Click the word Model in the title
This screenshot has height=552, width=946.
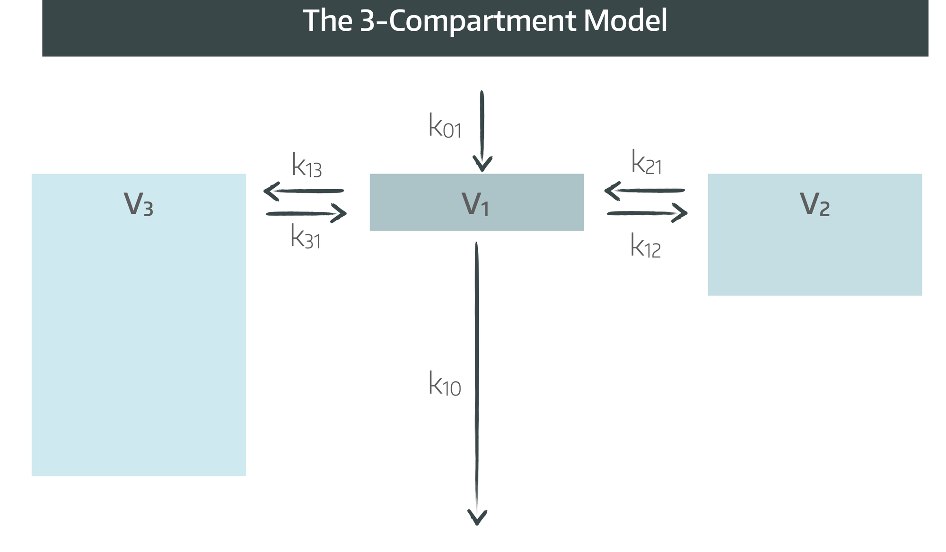point(625,21)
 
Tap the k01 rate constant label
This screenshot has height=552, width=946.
point(445,126)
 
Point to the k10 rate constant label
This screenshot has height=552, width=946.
point(444,384)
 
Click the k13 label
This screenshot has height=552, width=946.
point(307,166)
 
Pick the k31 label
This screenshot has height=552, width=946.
point(306,237)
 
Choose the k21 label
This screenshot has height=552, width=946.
point(646,163)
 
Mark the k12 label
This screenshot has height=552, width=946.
point(645,246)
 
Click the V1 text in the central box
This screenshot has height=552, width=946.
point(475,204)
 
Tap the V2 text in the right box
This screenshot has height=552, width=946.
point(815,204)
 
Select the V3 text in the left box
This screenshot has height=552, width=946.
point(139,204)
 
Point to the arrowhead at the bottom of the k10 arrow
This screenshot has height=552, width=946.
point(477,517)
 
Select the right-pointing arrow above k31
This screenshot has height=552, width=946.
point(307,214)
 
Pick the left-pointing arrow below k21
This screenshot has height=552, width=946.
point(644,191)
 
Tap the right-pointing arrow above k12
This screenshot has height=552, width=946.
point(647,213)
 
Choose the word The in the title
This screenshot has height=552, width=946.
point(327,21)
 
